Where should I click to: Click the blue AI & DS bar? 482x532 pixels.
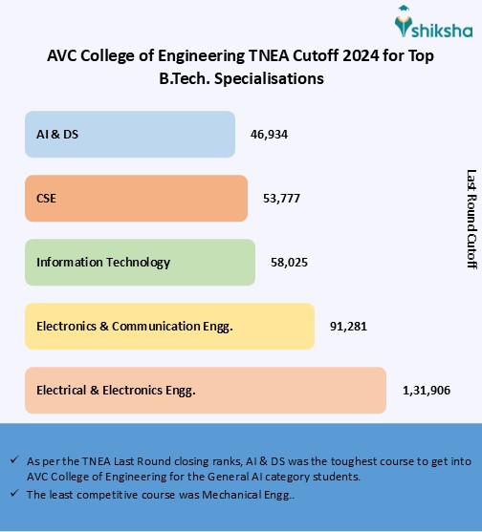(129, 134)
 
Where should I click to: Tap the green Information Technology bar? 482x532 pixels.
(140, 262)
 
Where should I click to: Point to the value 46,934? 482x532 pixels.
(269, 134)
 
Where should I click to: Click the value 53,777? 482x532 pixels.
(281, 199)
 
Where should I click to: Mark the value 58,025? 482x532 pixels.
(289, 262)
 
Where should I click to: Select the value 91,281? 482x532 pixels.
(348, 327)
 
